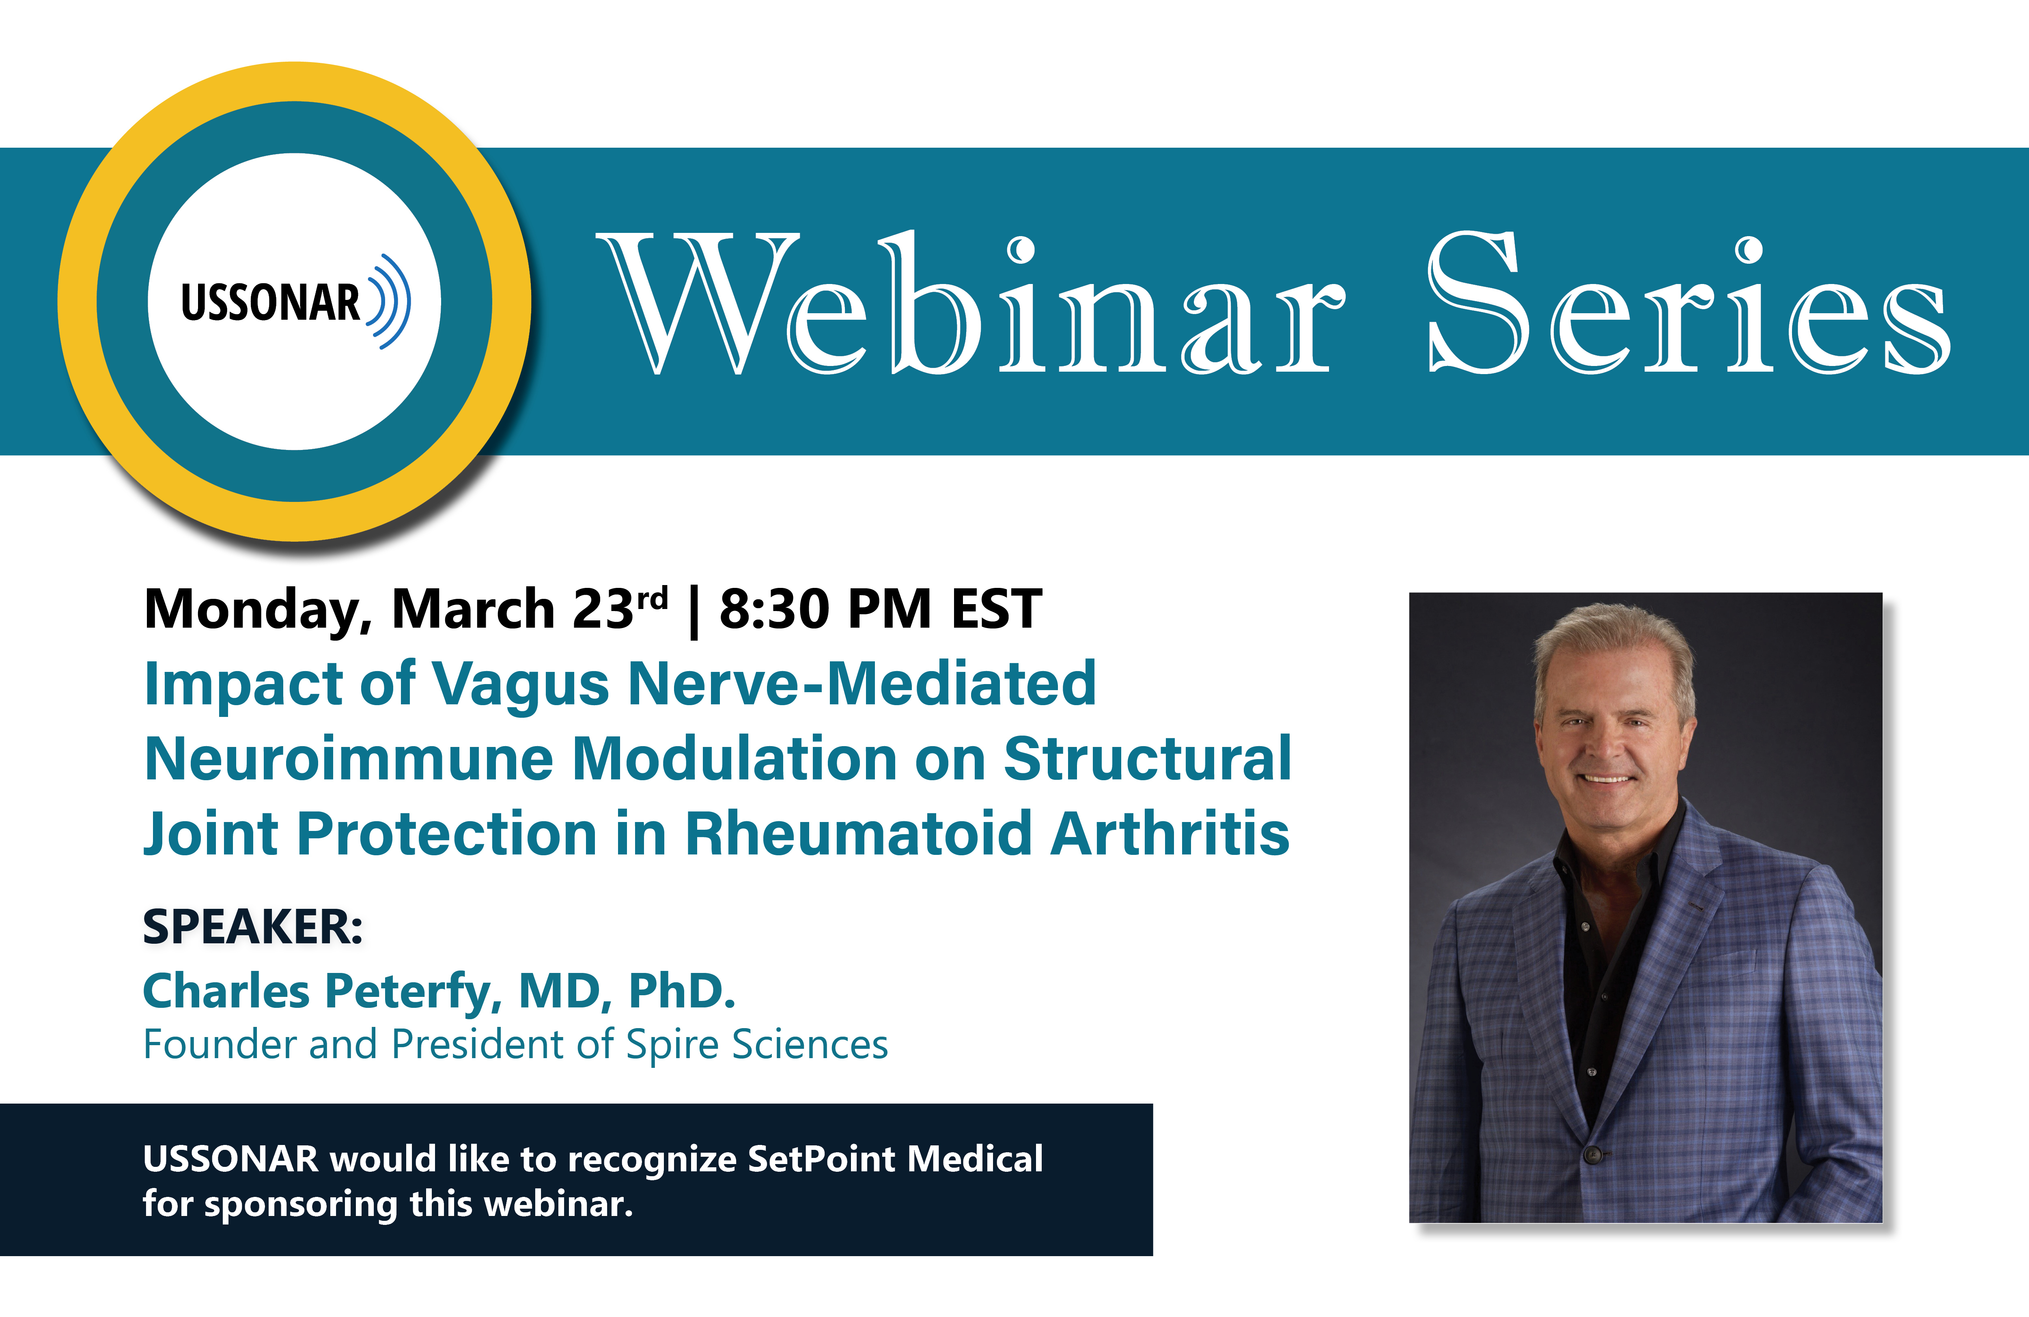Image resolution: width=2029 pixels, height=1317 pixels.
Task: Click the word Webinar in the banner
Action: [x=970, y=303]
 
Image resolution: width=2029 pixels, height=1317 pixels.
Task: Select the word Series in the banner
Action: [x=1690, y=303]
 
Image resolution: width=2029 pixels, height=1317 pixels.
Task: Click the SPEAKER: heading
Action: [x=253, y=927]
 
